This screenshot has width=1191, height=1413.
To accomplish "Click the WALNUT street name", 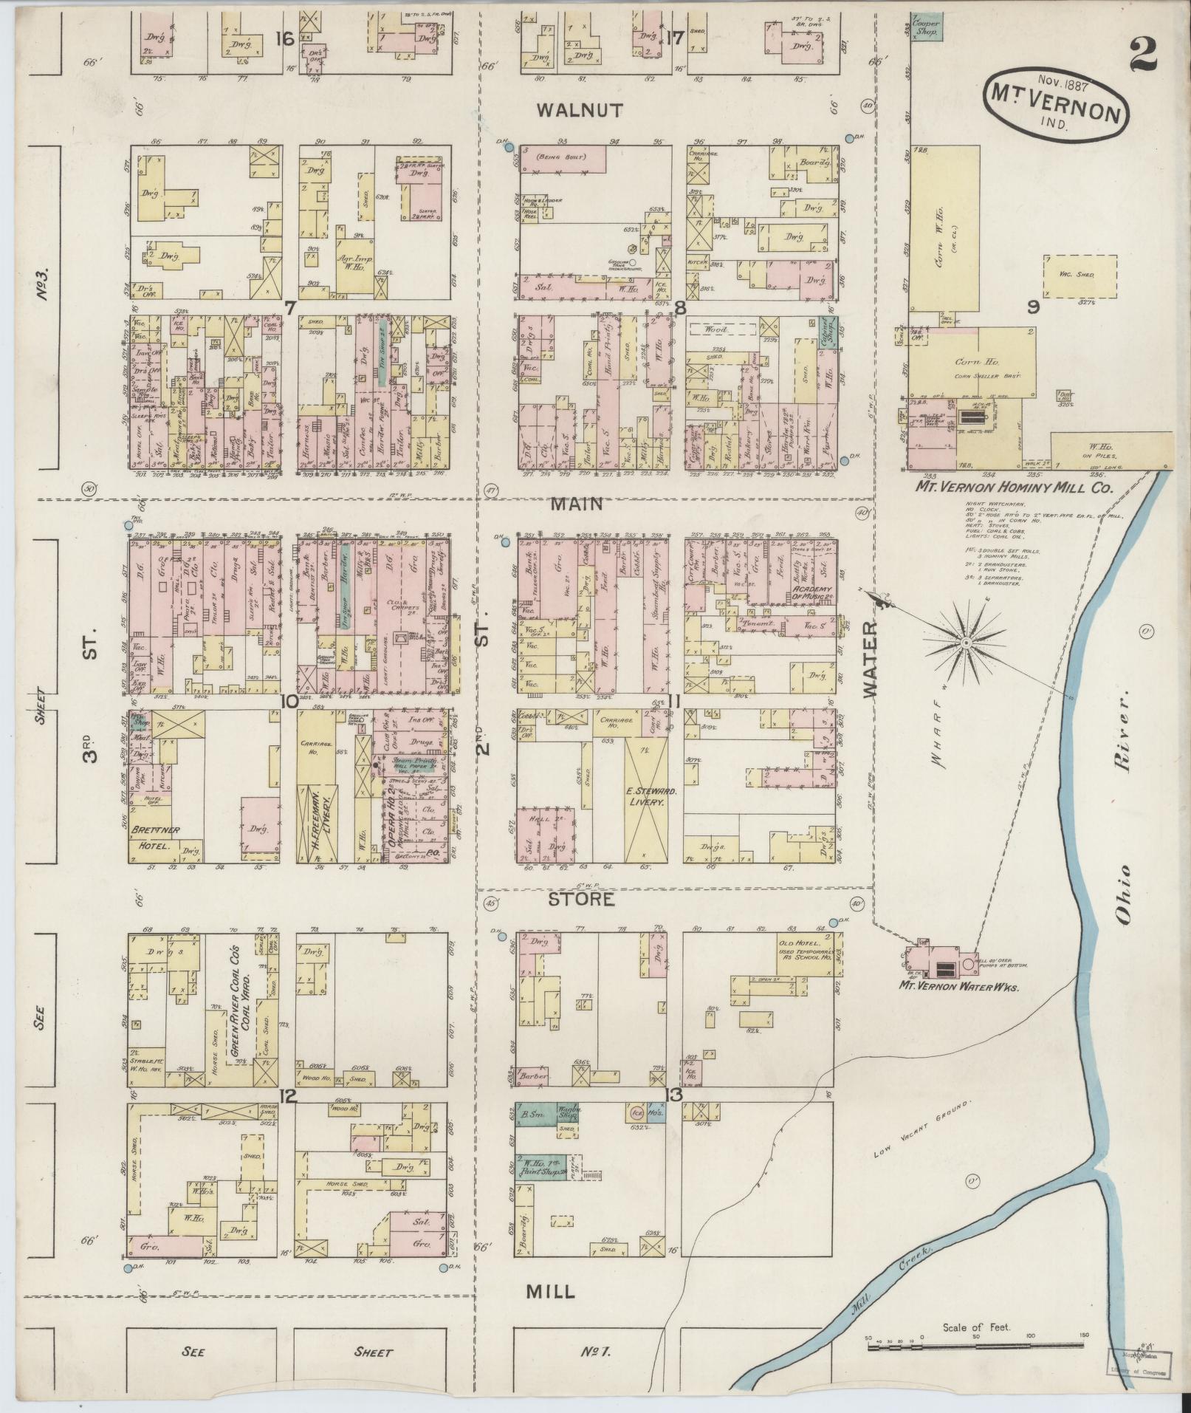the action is [580, 111].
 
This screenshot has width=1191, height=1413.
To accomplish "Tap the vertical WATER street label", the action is [871, 660].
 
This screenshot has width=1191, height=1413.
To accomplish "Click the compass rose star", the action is [964, 644].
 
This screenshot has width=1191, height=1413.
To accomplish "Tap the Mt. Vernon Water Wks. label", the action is [958, 986].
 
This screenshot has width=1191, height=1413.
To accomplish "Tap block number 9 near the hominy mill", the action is [1033, 307].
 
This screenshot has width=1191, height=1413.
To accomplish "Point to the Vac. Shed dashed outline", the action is [1080, 276].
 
